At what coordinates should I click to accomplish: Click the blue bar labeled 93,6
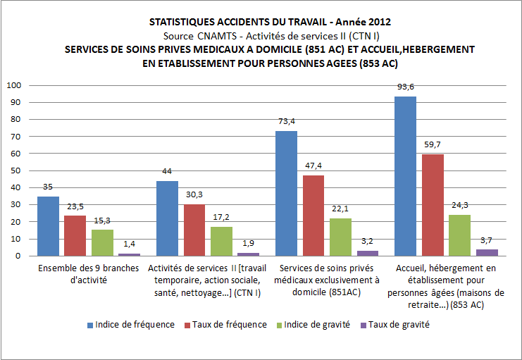pos(405,176)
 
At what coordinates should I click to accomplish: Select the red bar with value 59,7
pos(432,205)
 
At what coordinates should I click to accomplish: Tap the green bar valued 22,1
pos(340,237)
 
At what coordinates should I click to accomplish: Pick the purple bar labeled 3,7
pos(486,252)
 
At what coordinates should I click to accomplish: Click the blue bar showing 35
pos(48,226)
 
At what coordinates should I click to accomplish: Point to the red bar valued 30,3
pos(194,230)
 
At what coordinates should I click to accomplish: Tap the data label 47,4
pos(313,165)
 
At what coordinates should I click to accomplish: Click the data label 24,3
pos(459,205)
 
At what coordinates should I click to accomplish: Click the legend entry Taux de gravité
pos(395,325)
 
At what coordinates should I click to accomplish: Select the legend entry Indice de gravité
pos(312,325)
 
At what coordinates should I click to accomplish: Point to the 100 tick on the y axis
pos(14,85)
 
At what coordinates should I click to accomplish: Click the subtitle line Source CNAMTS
pos(261,35)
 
